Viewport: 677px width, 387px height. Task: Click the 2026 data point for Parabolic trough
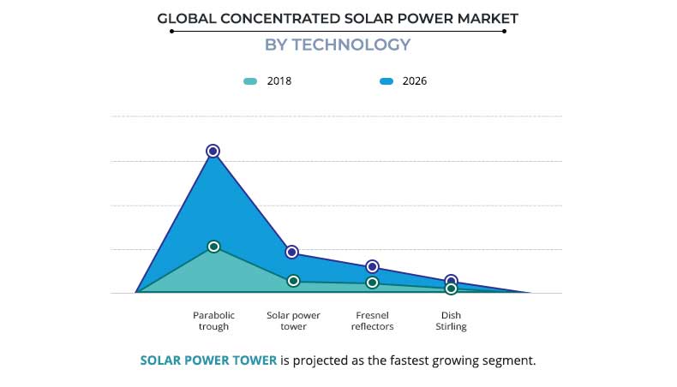pyautogui.click(x=213, y=151)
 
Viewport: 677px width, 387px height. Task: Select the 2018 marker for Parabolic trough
pyautogui.click(x=214, y=247)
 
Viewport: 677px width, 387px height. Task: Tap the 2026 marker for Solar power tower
pyautogui.click(x=292, y=252)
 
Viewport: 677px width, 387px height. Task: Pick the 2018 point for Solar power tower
pyautogui.click(x=293, y=281)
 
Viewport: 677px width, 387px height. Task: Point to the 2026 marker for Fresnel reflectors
pyautogui.click(x=372, y=267)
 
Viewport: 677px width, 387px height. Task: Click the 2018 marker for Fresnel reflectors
pyautogui.click(x=372, y=283)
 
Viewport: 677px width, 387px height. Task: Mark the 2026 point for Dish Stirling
pyautogui.click(x=451, y=281)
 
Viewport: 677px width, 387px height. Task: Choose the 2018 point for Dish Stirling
pyautogui.click(x=451, y=289)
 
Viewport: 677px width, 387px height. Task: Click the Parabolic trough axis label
pyautogui.click(x=213, y=320)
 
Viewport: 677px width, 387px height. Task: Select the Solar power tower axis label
pyautogui.click(x=293, y=320)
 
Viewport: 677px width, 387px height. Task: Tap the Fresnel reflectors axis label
pyautogui.click(x=372, y=320)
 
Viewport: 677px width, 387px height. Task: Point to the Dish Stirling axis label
pyautogui.click(x=451, y=320)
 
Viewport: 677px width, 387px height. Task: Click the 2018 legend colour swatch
pyautogui.click(x=250, y=81)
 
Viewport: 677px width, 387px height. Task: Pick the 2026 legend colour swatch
pyautogui.click(x=386, y=81)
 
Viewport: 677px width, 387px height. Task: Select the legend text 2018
pyautogui.click(x=279, y=81)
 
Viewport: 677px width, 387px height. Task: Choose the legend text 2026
pyautogui.click(x=415, y=81)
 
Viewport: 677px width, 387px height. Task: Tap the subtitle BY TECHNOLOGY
pyautogui.click(x=338, y=45)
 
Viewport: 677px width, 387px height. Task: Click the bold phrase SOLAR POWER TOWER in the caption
pyautogui.click(x=208, y=360)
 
